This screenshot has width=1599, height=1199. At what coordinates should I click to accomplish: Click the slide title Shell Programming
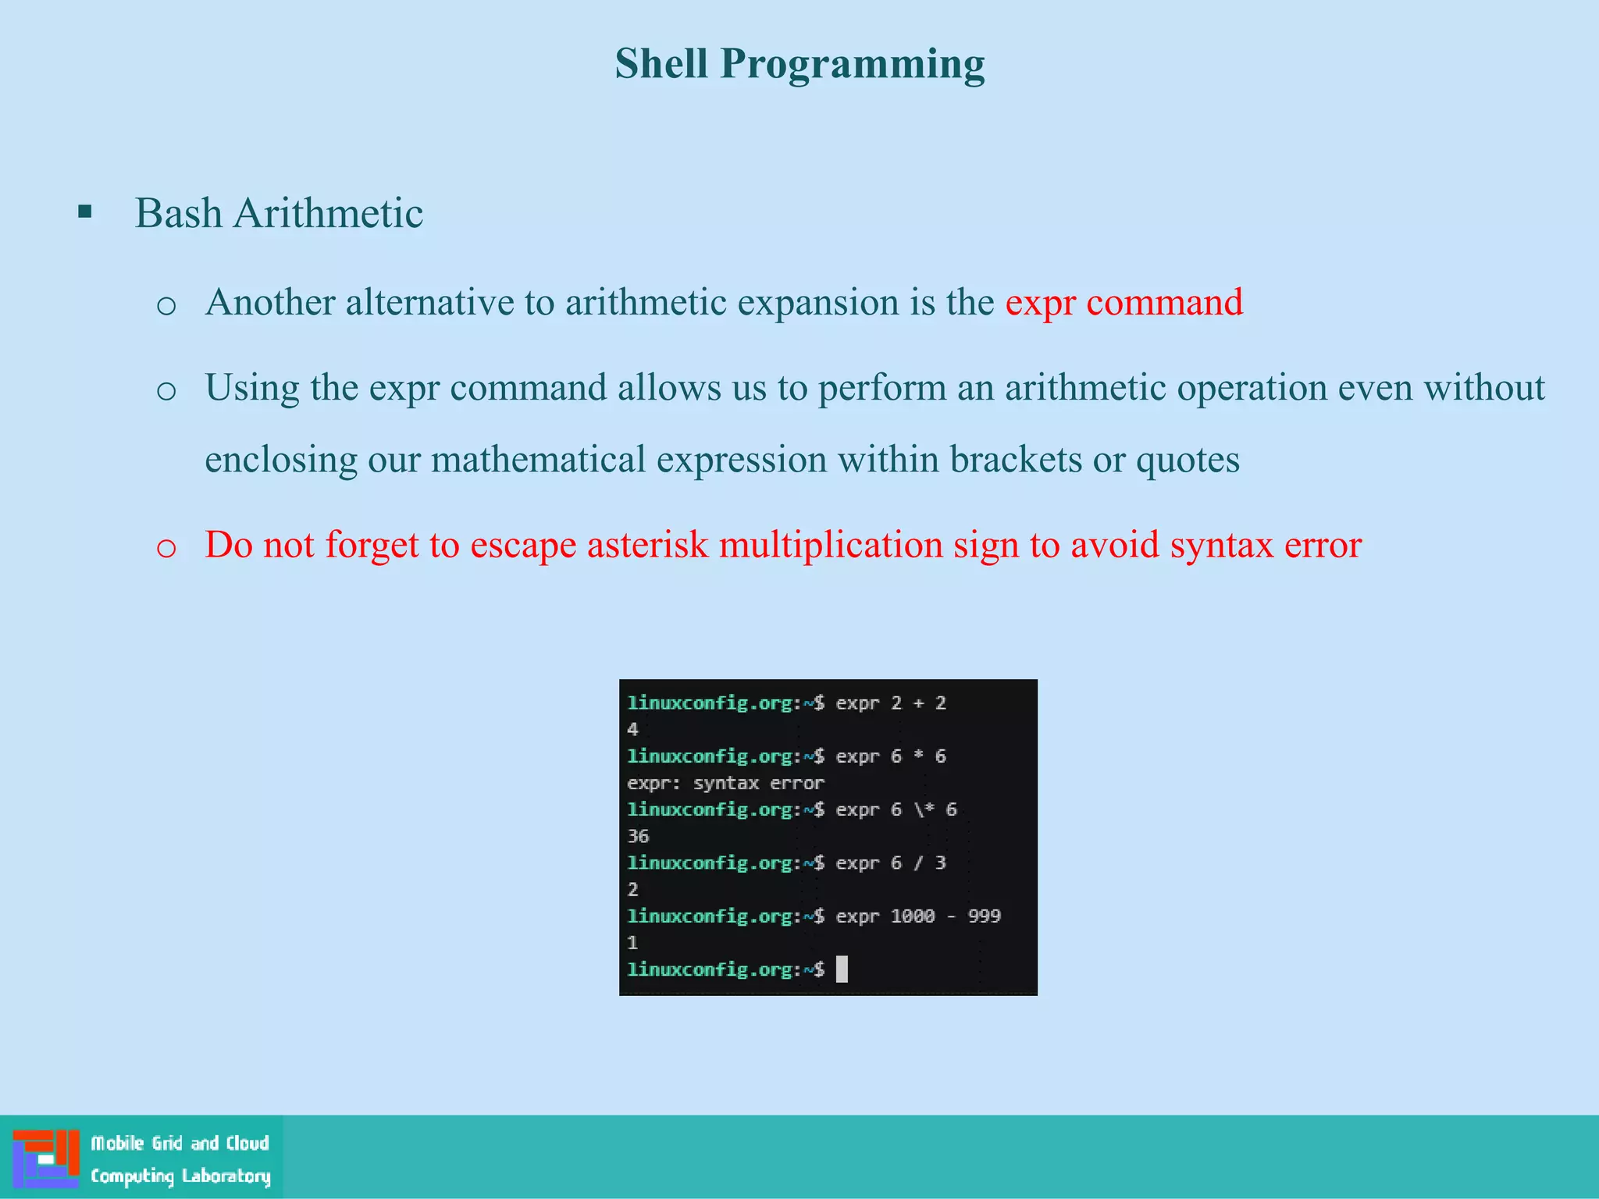click(799, 64)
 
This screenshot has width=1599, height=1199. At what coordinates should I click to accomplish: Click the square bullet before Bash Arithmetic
click(85, 212)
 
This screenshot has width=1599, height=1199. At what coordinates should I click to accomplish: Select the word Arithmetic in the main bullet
click(328, 213)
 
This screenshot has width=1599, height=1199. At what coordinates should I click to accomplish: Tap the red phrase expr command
click(1124, 302)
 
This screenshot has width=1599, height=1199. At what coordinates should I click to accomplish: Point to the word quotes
click(1187, 459)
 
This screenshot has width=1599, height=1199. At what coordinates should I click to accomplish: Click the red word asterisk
click(647, 544)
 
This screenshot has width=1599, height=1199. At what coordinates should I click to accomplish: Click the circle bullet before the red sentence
click(166, 547)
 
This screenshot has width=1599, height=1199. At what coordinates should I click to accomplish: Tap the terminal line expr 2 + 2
click(890, 703)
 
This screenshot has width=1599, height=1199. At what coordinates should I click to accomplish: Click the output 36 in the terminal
click(638, 836)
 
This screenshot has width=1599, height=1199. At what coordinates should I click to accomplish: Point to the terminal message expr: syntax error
click(725, 783)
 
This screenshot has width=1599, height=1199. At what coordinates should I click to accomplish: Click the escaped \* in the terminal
click(924, 809)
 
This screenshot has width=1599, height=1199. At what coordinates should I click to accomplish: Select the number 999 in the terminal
click(984, 916)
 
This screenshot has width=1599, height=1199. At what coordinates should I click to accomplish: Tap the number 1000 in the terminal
click(912, 916)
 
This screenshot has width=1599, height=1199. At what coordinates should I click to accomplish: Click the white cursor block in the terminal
click(842, 970)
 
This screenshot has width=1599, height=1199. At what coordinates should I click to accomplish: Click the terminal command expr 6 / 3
click(890, 863)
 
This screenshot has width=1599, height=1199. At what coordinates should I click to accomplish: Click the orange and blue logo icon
click(46, 1158)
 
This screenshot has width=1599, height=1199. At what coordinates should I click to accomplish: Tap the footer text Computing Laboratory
click(180, 1176)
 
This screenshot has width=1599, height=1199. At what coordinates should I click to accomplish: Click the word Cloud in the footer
click(248, 1144)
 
